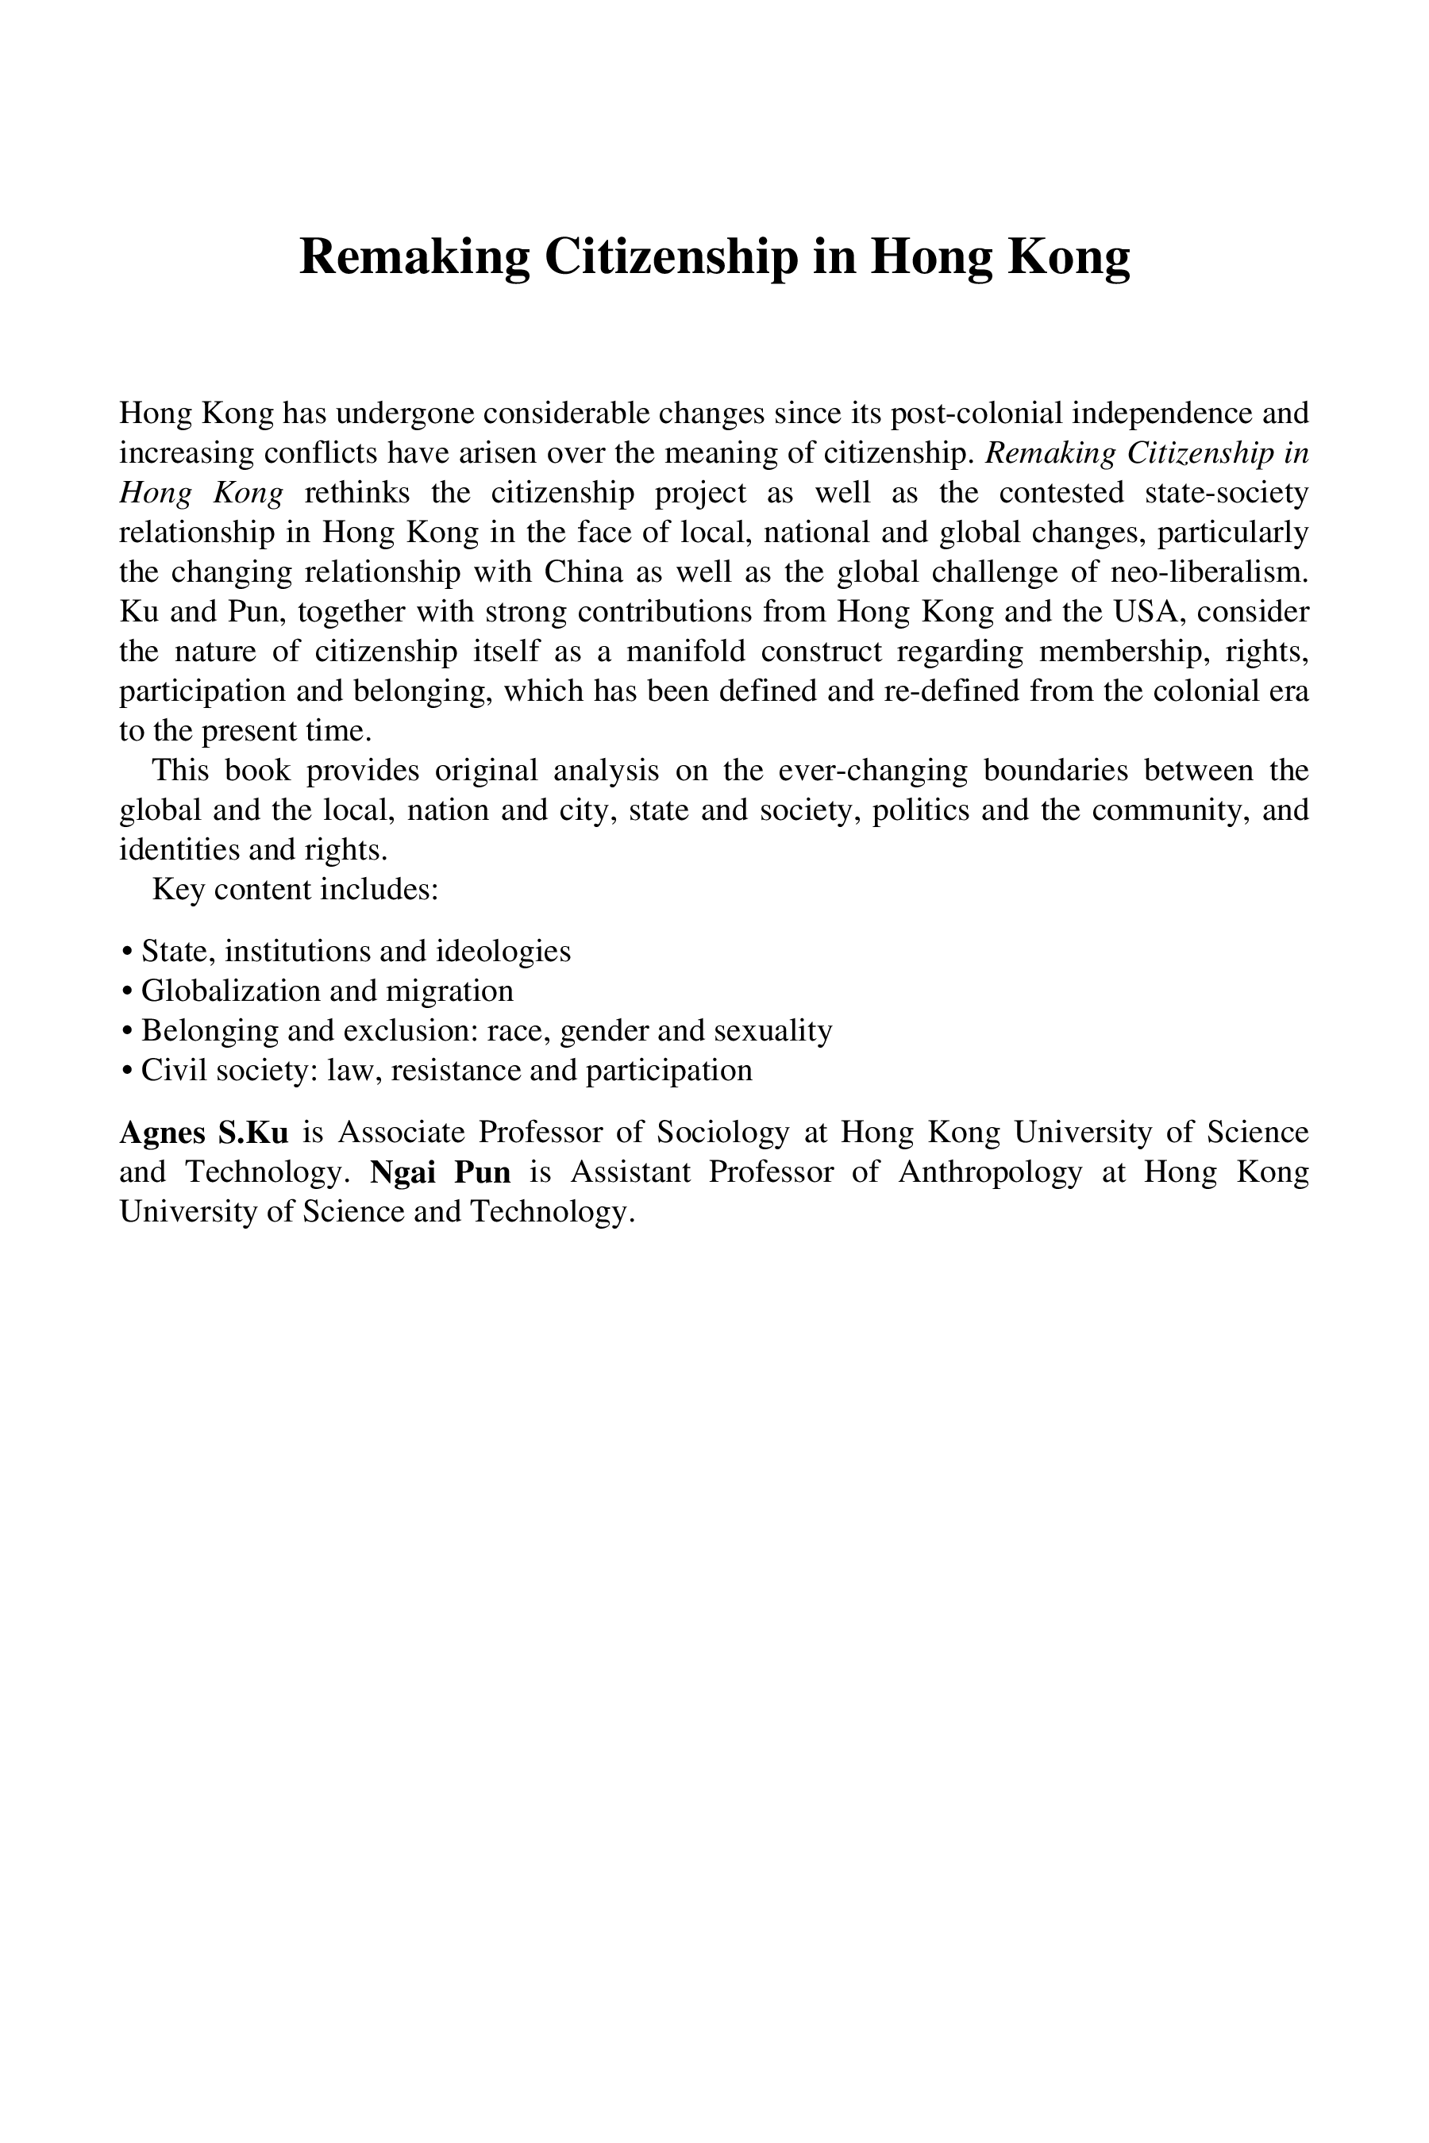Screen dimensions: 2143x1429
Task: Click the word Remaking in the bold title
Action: click(x=414, y=256)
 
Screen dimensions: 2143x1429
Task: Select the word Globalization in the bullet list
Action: click(x=233, y=991)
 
